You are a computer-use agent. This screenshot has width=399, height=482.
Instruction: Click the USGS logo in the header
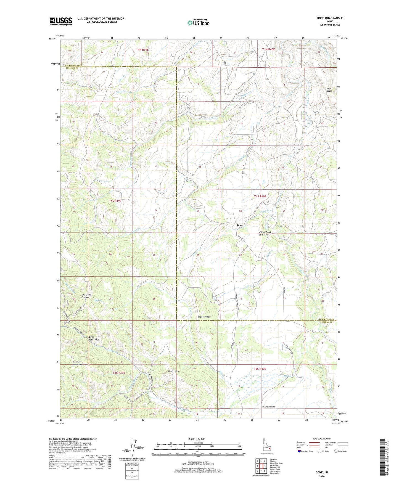(61, 21)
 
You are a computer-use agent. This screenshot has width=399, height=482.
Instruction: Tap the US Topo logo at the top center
(198, 23)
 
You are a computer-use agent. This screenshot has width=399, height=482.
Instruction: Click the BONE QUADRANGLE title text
(330, 18)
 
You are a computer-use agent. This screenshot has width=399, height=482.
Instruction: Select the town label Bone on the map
(240, 225)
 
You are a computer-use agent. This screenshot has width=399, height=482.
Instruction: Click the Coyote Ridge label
(204, 317)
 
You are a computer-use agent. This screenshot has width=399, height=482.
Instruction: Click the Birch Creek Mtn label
(94, 338)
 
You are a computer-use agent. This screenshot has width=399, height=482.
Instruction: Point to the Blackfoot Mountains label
(77, 363)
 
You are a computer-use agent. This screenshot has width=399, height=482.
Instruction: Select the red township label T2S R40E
(260, 369)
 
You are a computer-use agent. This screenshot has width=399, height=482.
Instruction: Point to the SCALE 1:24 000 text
(197, 439)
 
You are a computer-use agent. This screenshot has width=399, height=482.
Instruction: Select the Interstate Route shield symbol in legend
(300, 451)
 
